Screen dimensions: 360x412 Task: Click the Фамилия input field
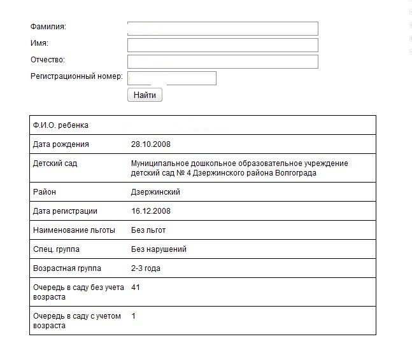222,29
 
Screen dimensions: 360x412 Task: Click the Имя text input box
222,45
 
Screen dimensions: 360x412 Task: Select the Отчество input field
222,62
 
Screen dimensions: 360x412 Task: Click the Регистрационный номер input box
172,78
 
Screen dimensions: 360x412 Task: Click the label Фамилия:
48,27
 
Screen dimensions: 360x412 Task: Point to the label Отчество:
48,60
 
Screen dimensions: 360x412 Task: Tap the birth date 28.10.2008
151,144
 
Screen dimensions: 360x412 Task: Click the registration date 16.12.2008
151,211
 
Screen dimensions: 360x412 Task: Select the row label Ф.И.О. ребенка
61,125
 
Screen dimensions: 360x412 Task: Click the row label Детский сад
55,163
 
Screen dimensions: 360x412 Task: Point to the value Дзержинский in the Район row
155,192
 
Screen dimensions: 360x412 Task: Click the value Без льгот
148,230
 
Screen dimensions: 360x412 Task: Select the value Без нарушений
159,249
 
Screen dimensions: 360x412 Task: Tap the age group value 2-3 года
146,268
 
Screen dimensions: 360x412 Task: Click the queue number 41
136,287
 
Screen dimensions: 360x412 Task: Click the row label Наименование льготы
71,230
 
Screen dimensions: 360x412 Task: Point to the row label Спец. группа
57,249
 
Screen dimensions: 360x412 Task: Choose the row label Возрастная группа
67,268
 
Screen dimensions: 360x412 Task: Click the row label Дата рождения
61,144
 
